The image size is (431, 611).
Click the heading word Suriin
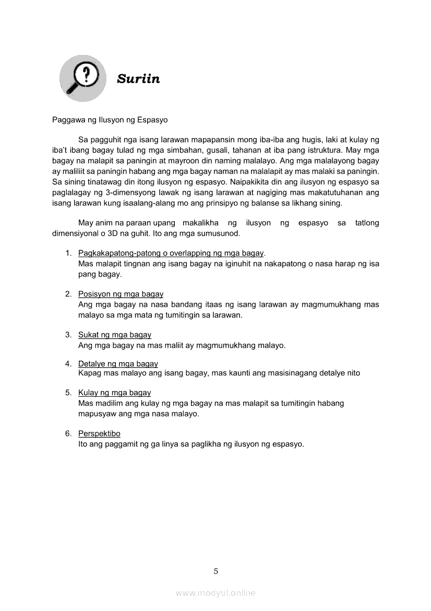138,79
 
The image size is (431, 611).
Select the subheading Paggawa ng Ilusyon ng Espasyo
110,120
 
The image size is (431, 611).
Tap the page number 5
215,571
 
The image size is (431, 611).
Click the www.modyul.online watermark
215,593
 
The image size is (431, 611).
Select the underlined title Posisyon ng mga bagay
121,294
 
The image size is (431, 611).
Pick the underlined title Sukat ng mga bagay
115,335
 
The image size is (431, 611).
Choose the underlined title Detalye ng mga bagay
118,364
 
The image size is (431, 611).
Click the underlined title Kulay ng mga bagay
114,393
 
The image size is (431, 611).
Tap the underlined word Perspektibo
99,434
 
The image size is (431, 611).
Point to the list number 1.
68,253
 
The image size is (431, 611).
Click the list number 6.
68,434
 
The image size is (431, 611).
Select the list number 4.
68,364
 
